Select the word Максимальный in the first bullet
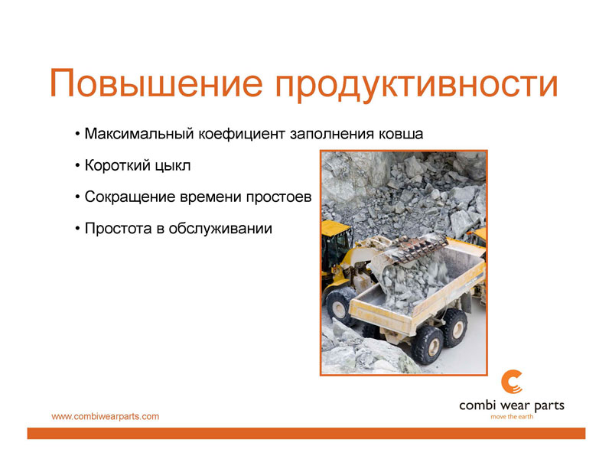pos(139,134)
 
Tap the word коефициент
pos(242,134)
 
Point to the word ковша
pos(401,134)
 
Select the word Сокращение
pos(130,197)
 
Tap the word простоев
pos(278,197)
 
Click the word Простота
pos(119,228)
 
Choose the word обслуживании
pos(220,229)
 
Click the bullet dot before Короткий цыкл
pos(77,166)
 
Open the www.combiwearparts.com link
pos(106,416)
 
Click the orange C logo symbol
pos(511,382)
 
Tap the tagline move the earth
pos(512,417)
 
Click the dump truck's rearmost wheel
pos(454,327)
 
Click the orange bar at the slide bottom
pos(306,433)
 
